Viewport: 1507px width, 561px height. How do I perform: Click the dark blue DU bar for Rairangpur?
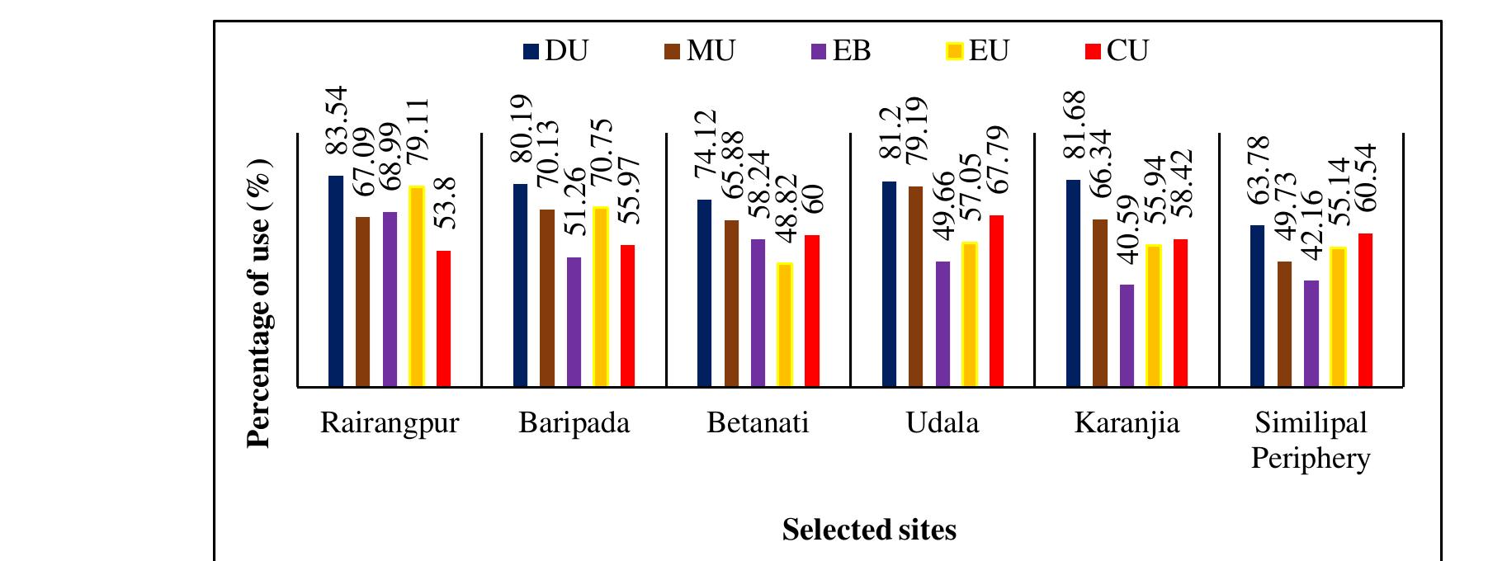pos(336,281)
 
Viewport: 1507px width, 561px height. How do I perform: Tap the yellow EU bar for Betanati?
pos(785,325)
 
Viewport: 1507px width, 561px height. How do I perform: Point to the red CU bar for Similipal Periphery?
pos(1364,310)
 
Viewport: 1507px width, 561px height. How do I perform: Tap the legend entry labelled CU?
pos(1116,51)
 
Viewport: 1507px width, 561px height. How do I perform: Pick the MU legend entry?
pos(699,51)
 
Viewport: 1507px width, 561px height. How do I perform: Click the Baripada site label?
pos(574,423)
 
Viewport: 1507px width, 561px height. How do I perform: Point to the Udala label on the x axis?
pos(942,423)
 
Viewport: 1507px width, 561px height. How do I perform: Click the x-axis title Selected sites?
pos(869,530)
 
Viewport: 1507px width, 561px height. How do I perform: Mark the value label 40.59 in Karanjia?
pos(1127,230)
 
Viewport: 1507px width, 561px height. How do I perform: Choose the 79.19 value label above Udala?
pos(916,130)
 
